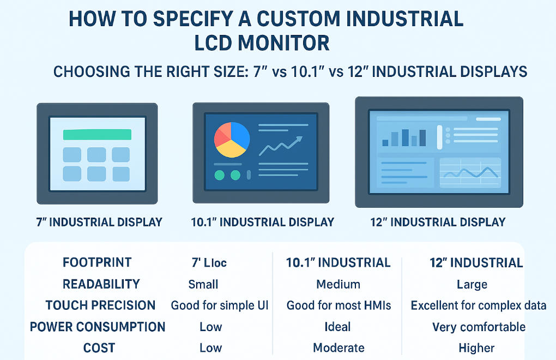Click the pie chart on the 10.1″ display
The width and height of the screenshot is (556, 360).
coord(232,140)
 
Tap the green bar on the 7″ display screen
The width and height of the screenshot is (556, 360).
coord(97,135)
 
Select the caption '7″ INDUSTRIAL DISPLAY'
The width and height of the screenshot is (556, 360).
coord(98,222)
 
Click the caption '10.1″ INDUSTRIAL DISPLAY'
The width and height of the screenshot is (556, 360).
coord(262,223)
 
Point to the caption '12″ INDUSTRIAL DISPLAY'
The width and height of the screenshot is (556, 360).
coord(438,222)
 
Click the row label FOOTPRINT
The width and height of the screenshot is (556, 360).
coord(97,262)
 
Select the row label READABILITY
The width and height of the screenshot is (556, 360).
coord(101,284)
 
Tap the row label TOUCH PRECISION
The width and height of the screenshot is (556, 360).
coord(100,305)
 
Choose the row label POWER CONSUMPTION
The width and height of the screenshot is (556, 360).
coord(98,327)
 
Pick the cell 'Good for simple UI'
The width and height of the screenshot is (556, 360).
coord(220,305)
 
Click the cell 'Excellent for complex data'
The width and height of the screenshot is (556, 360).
coord(479,305)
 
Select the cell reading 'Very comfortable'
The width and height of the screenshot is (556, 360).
coord(479,327)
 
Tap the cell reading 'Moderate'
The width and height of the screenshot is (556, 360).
coord(339,348)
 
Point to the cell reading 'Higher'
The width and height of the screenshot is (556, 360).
coord(476,348)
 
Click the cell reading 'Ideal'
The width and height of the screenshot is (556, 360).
coord(338,327)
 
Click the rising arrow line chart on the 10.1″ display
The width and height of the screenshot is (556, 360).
coord(281,146)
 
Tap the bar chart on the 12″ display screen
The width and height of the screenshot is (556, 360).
coord(404,137)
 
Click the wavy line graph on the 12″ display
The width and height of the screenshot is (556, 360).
coord(470,173)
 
